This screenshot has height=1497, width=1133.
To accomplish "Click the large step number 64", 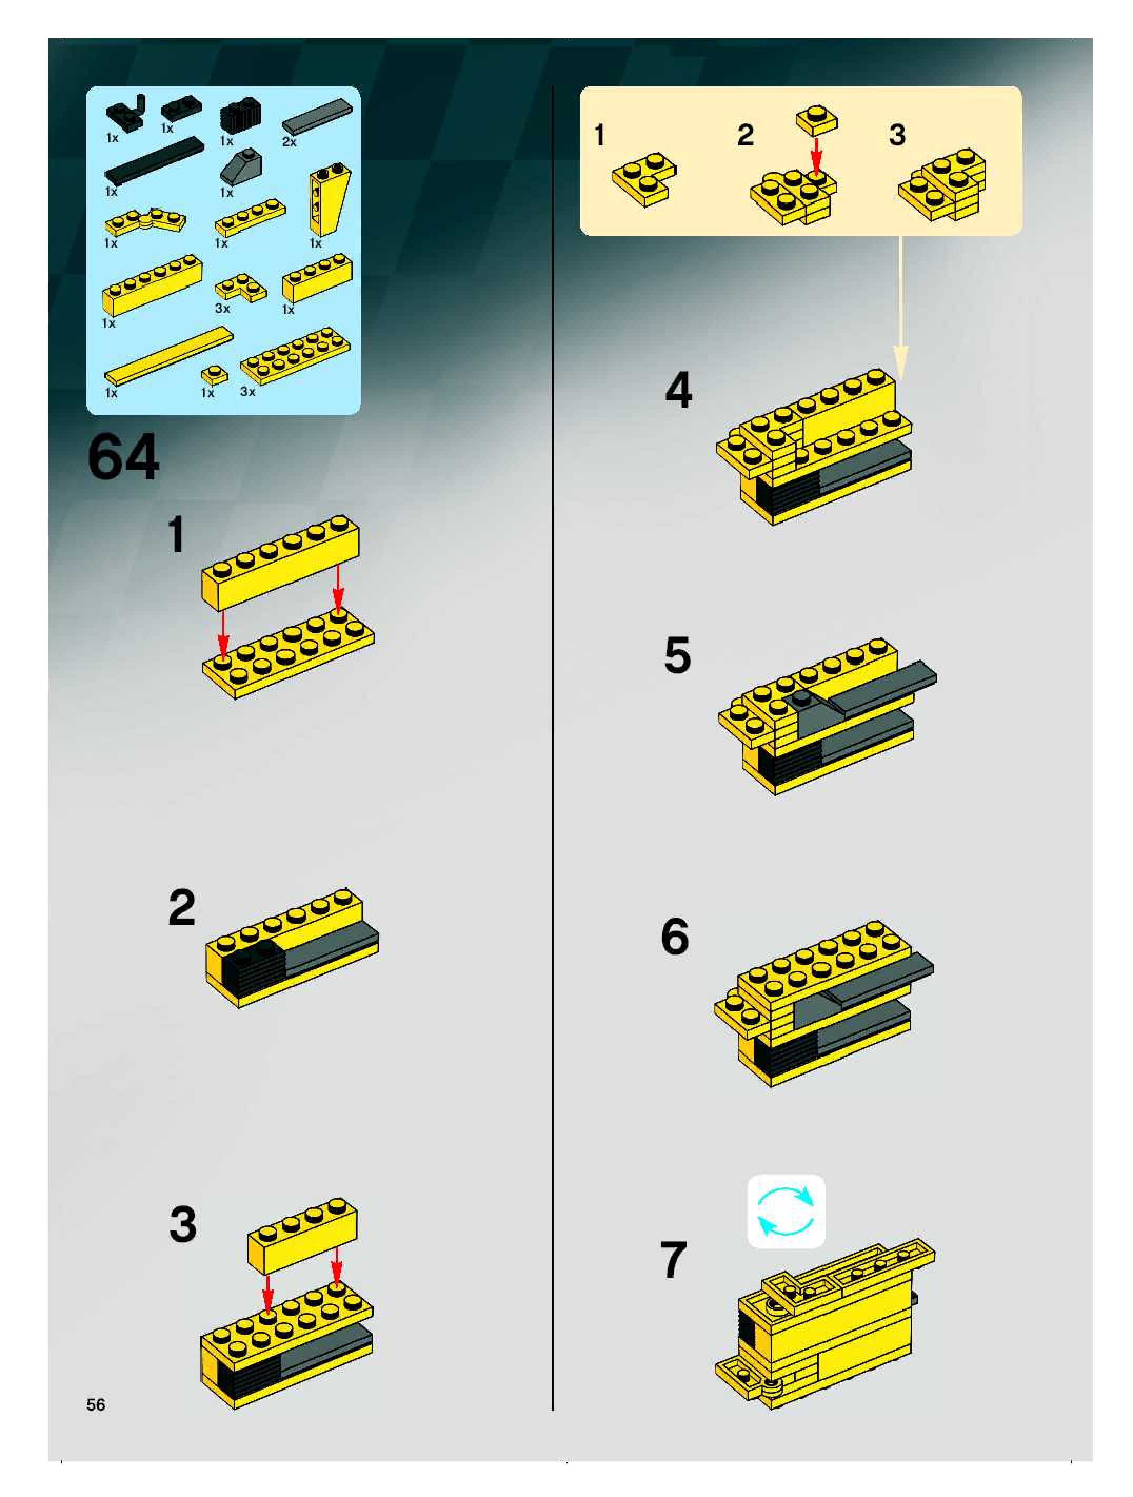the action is (123, 458).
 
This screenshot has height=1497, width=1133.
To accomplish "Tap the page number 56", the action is (96, 1404).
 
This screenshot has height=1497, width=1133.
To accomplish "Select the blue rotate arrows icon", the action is (786, 1212).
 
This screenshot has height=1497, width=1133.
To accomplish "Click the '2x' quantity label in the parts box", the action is (289, 142).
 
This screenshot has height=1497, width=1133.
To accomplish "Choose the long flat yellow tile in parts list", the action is (169, 356).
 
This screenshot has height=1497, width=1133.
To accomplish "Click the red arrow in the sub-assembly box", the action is (817, 157).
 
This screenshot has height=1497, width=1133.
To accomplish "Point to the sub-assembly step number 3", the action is (897, 135).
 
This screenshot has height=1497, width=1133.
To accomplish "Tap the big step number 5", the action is (677, 655).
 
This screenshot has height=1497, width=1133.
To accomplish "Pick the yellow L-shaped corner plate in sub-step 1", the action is (644, 179).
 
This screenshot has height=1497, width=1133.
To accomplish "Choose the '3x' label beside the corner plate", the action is (223, 309).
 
